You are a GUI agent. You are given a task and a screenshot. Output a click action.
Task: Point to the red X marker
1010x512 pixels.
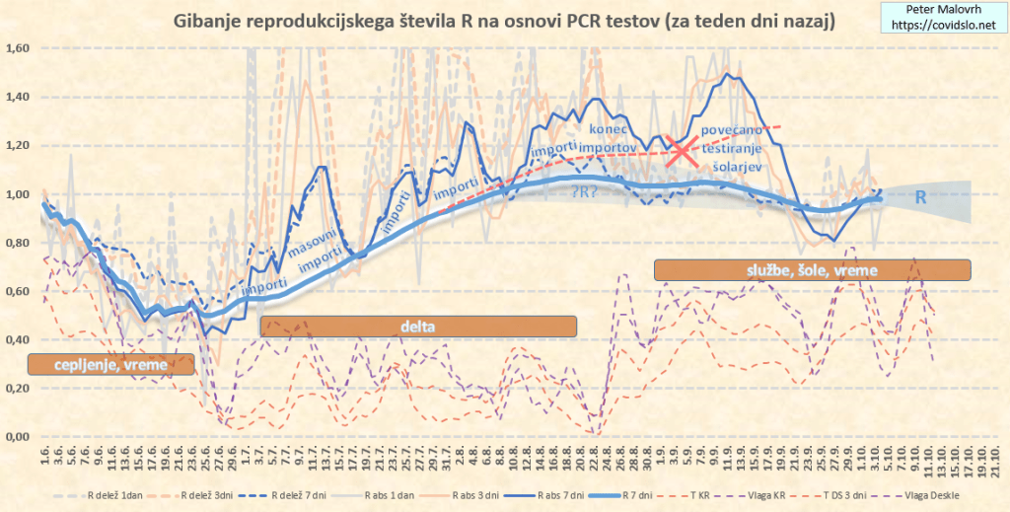pos(681,151)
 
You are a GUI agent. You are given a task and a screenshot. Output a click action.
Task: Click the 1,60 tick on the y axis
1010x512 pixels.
pos(19,48)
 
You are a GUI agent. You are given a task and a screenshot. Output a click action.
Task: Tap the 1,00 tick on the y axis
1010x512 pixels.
pos(19,194)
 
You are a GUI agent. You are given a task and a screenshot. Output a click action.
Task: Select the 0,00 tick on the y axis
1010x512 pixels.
pos(19,438)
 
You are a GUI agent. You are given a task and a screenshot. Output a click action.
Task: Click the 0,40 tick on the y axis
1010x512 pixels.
pos(19,340)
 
